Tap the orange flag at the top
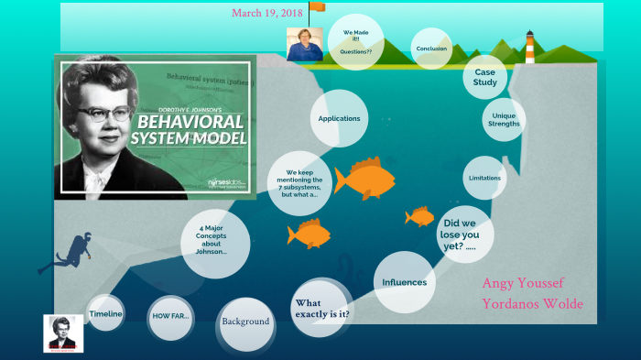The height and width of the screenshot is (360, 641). coord(317,7)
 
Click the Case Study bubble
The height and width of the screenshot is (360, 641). coord(485,76)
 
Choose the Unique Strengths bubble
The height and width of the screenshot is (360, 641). coord(504,120)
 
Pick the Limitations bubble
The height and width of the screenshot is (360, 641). coord(484,178)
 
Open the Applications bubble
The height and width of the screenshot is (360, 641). coord(339,118)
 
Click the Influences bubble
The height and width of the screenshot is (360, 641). coord(404,282)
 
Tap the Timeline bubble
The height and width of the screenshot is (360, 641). coord(105,315)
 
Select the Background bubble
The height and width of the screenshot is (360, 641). coord(245,322)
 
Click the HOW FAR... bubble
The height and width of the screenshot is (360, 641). coord(169,316)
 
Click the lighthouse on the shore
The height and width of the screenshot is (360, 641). coord(529,45)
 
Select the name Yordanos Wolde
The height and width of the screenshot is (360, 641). coord(532,304)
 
